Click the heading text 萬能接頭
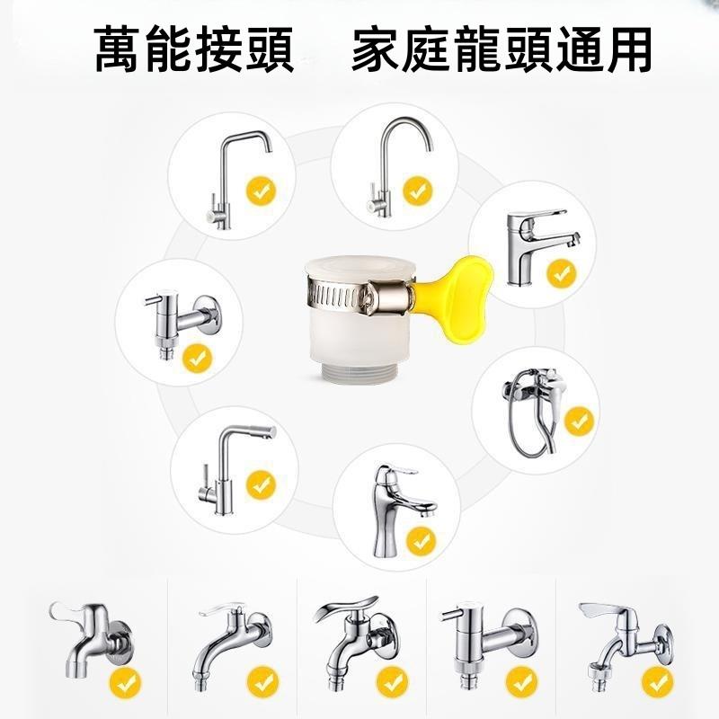pyautogui.click(x=194, y=50)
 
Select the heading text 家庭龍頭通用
pyautogui.click(x=502, y=50)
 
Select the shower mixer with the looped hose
pyautogui.click(x=537, y=409)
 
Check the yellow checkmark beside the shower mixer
pyautogui.click(x=579, y=419)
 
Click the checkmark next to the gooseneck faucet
pyautogui.click(x=417, y=190)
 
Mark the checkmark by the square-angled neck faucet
pyautogui.click(x=262, y=190)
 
